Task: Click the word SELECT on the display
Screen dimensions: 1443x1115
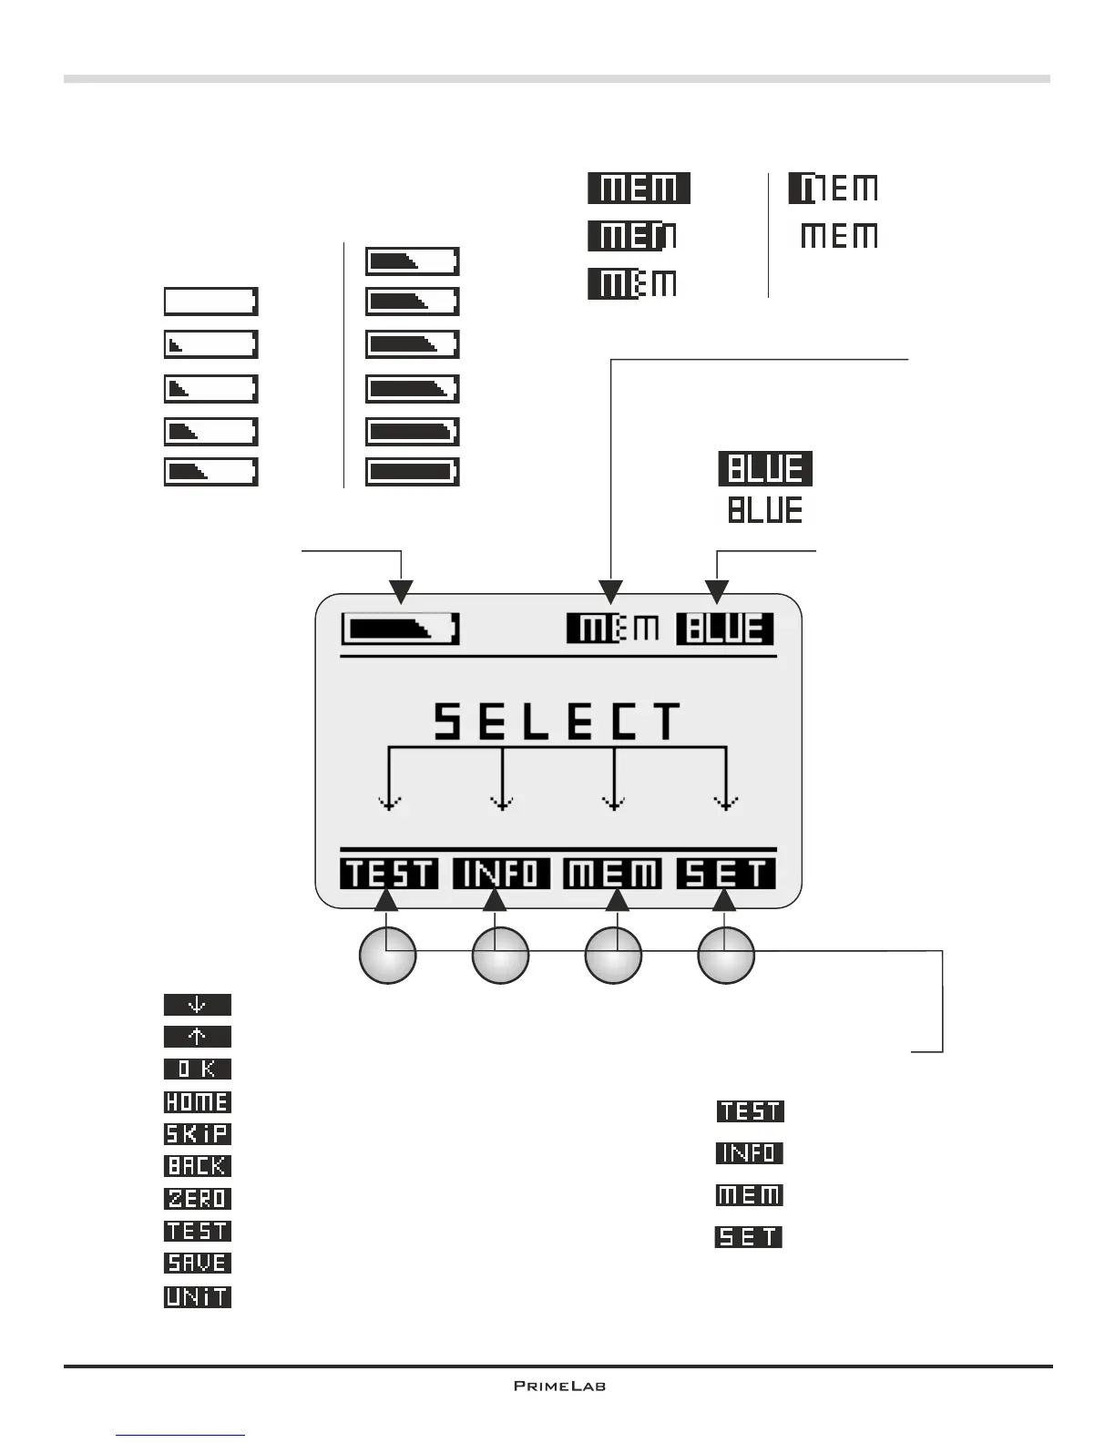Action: click(x=557, y=721)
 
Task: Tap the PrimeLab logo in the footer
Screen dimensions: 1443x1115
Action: click(x=559, y=1386)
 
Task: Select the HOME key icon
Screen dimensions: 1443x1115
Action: click(x=197, y=1101)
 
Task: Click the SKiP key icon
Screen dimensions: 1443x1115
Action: click(x=197, y=1134)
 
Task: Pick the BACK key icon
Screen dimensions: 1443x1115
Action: click(x=197, y=1166)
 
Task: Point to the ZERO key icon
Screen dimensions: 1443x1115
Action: click(x=197, y=1199)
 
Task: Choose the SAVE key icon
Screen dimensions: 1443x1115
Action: click(x=197, y=1263)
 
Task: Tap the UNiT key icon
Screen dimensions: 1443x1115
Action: click(x=197, y=1296)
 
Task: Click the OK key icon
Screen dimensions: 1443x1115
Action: click(x=197, y=1069)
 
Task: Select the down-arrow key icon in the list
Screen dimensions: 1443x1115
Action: click(x=197, y=1005)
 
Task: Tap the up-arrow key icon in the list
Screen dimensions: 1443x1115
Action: click(x=197, y=1037)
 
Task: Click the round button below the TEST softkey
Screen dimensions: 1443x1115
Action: click(x=388, y=955)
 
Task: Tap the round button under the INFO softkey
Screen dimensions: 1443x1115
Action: click(x=500, y=955)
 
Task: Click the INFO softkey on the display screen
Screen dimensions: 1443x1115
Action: click(x=501, y=874)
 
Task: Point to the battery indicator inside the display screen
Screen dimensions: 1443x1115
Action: click(x=401, y=629)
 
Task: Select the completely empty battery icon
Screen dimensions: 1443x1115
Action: click(x=210, y=302)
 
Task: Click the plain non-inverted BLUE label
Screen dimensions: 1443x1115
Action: click(x=765, y=509)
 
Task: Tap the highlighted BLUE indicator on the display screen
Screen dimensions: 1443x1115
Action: click(x=725, y=629)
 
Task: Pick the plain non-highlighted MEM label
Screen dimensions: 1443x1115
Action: click(x=839, y=236)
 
